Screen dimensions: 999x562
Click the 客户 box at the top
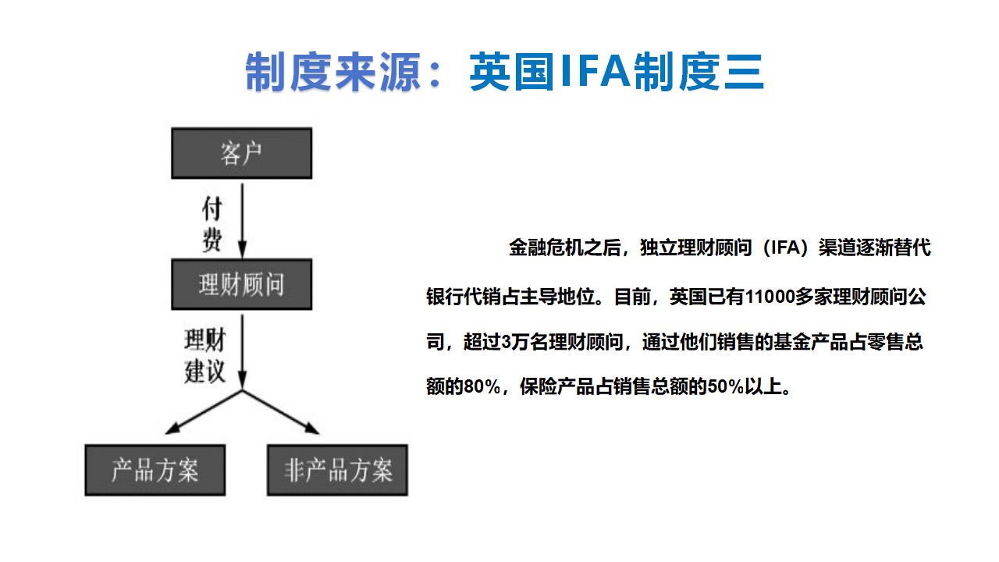pos(242,154)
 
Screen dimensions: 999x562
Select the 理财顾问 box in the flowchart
pos(242,285)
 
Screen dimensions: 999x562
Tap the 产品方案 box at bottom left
pos(155,470)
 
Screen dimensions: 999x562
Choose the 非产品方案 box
pos(338,470)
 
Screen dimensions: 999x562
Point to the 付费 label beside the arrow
pos(212,224)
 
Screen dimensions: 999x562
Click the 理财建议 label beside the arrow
pos(205,355)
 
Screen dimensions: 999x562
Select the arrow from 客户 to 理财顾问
pos(242,221)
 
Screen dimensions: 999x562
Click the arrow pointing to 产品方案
pos(204,412)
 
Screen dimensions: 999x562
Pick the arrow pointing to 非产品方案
pos(281,412)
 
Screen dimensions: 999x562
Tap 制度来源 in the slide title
pos(333,72)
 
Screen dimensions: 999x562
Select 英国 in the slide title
pos(512,72)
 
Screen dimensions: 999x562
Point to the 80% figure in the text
pos(482,386)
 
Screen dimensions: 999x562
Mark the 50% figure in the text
pos(726,386)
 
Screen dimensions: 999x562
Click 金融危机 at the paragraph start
pos(546,247)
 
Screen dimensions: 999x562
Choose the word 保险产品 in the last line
pos(557,386)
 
